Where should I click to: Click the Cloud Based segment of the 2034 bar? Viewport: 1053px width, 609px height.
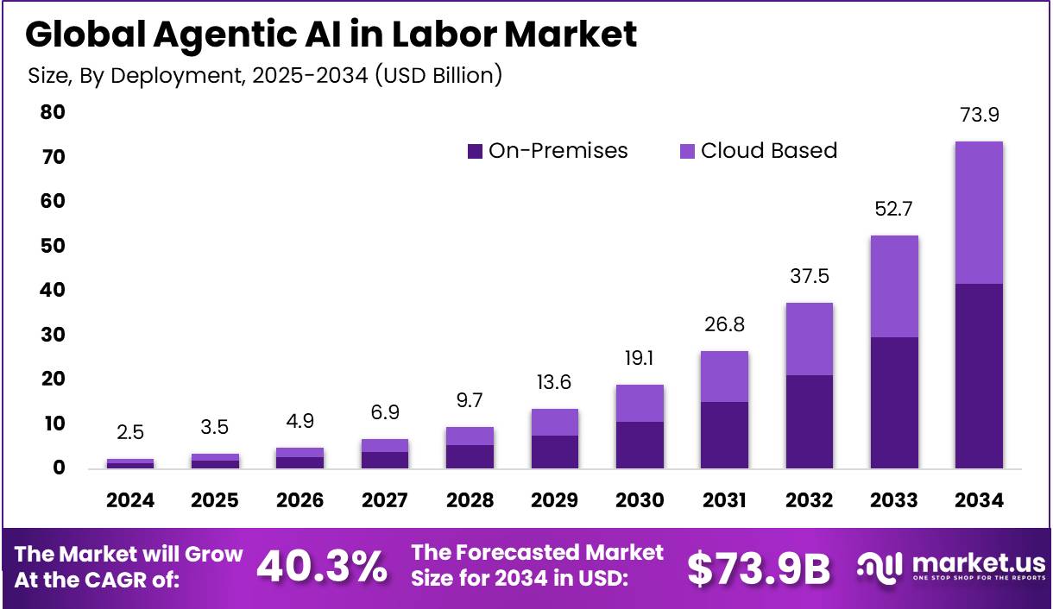(979, 212)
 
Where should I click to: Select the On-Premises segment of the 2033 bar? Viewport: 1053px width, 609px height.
(894, 402)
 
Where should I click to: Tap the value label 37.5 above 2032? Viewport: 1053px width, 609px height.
(809, 276)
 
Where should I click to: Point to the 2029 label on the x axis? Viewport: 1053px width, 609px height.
(554, 501)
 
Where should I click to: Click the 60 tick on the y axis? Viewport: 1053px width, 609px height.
(54, 201)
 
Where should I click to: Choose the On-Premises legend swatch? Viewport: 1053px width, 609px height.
(475, 151)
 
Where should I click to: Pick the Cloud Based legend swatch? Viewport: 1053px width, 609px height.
(687, 151)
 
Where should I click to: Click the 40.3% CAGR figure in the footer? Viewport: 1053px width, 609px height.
(322, 567)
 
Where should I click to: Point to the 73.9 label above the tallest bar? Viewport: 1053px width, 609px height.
(979, 116)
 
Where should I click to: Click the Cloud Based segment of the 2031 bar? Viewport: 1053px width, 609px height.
(724, 376)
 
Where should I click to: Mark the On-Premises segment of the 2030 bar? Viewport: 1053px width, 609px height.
(640, 444)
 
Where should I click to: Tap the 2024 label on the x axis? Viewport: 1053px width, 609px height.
(130, 501)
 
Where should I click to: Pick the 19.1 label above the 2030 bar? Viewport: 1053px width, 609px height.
(640, 357)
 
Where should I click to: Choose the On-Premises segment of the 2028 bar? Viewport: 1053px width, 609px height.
(470, 456)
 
